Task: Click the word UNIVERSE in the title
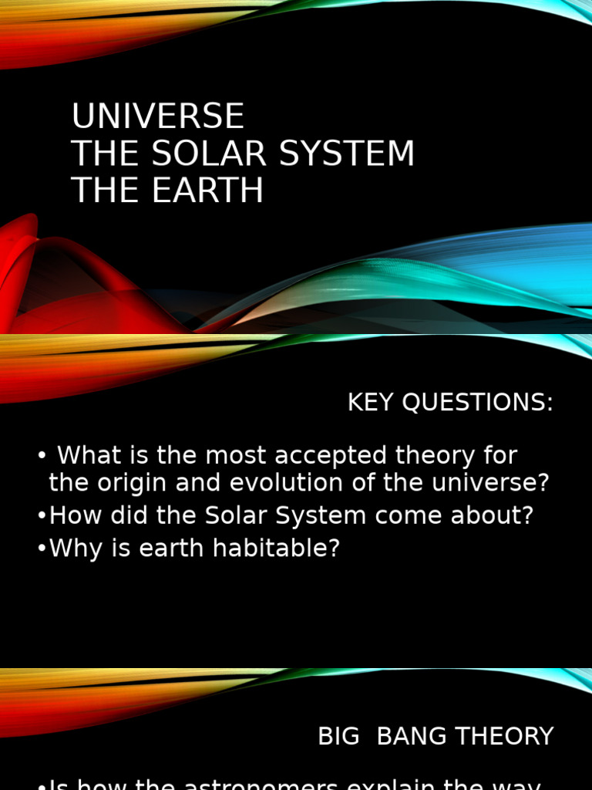pos(158,116)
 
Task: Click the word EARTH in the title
pos(207,191)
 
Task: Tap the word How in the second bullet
pos(70,516)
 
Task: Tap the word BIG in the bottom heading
pos(338,736)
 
